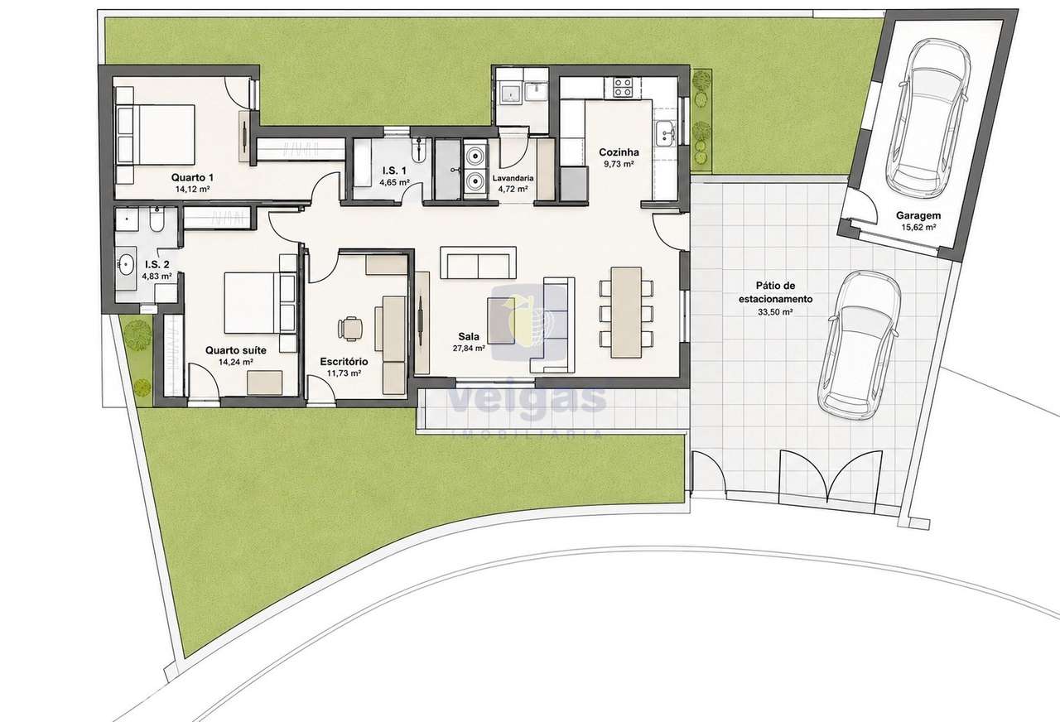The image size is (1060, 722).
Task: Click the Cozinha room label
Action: pyautogui.click(x=619, y=152)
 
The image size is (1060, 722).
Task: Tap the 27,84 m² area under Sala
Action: pyautogui.click(x=469, y=349)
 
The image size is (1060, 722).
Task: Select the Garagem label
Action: pyautogui.click(x=918, y=216)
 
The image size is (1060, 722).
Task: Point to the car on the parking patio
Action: pyautogui.click(x=860, y=345)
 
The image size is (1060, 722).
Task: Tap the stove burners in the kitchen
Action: pyautogui.click(x=622, y=88)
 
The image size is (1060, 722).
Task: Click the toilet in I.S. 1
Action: pyautogui.click(x=419, y=150)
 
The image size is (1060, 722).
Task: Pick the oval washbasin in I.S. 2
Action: pyautogui.click(x=126, y=264)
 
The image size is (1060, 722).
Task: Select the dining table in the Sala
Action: pyautogui.click(x=626, y=312)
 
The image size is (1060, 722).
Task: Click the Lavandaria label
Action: pyautogui.click(x=513, y=178)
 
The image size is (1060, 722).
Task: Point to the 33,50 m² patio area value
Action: pyautogui.click(x=775, y=312)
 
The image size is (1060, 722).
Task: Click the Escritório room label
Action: pyautogui.click(x=344, y=362)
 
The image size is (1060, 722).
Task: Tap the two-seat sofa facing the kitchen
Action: pyautogui.click(x=478, y=262)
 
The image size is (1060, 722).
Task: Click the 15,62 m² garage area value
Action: pyautogui.click(x=918, y=227)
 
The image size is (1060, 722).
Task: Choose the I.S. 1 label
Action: pyautogui.click(x=394, y=171)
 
